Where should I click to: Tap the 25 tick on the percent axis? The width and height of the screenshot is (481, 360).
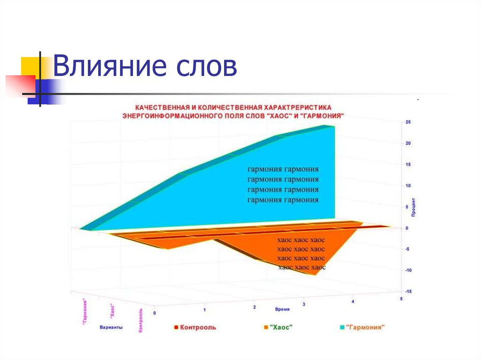click(408, 122)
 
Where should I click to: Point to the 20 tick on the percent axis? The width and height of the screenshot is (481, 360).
click(408, 143)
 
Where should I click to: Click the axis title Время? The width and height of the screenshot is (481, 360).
click(282, 310)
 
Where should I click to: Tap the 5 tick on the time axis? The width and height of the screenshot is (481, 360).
click(401, 299)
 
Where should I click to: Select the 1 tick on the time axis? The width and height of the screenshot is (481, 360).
click(204, 310)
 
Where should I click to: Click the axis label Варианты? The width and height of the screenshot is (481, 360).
click(111, 328)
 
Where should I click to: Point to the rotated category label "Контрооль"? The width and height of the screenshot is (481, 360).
click(140, 321)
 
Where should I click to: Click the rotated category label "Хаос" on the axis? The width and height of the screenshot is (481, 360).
click(113, 311)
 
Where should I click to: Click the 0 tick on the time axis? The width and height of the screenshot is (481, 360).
click(155, 313)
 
